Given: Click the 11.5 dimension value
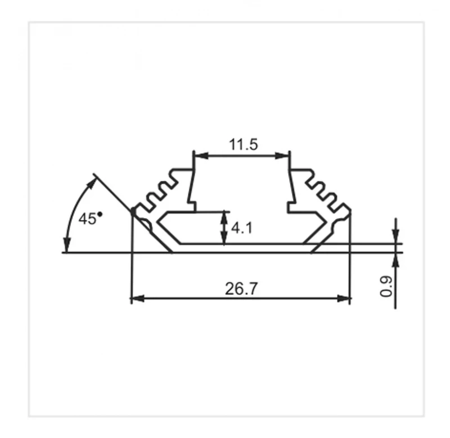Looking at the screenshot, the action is point(244,144).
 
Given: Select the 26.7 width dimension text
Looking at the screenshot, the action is point(241,289).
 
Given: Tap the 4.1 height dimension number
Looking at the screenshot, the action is point(242,228).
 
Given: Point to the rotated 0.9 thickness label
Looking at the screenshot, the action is point(386,286).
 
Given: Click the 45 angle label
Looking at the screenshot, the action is point(87,219).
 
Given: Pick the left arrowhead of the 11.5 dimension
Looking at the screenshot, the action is point(201,156).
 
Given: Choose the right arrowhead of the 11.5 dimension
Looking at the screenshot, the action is point(282,156).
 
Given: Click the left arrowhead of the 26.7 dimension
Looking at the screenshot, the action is point(138,299).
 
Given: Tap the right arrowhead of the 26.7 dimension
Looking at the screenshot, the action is point(344,299).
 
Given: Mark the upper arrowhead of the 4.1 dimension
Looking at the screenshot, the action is point(224,218).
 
